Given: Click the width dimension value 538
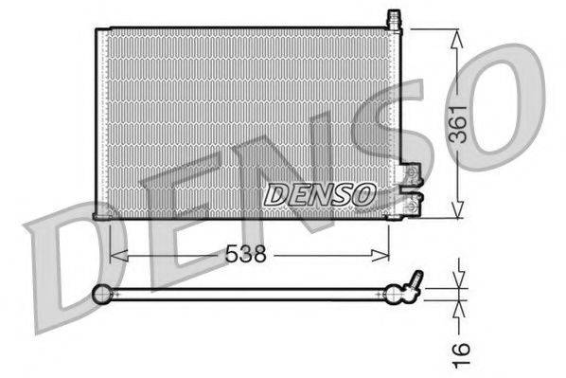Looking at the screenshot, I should click(x=244, y=254).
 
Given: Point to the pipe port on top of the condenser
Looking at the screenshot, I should click(x=394, y=18).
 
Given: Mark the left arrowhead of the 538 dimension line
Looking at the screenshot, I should click(x=116, y=254).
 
